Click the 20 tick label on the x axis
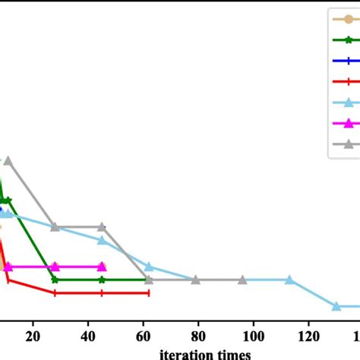(x=33, y=336)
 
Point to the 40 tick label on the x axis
(x=88, y=336)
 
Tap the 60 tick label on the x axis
(x=143, y=336)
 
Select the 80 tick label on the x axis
(x=198, y=336)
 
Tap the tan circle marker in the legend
(x=349, y=19)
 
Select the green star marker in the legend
(x=349, y=39)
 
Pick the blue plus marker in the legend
(x=349, y=61)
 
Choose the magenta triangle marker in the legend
(x=349, y=123)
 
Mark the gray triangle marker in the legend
(x=349, y=144)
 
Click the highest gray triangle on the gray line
(x=8, y=161)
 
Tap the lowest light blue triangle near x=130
(x=336, y=306)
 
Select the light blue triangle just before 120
(x=289, y=280)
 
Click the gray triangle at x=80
(x=196, y=280)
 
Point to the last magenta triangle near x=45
(x=102, y=267)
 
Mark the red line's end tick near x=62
(x=149, y=292)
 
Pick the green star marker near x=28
(x=55, y=279)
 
